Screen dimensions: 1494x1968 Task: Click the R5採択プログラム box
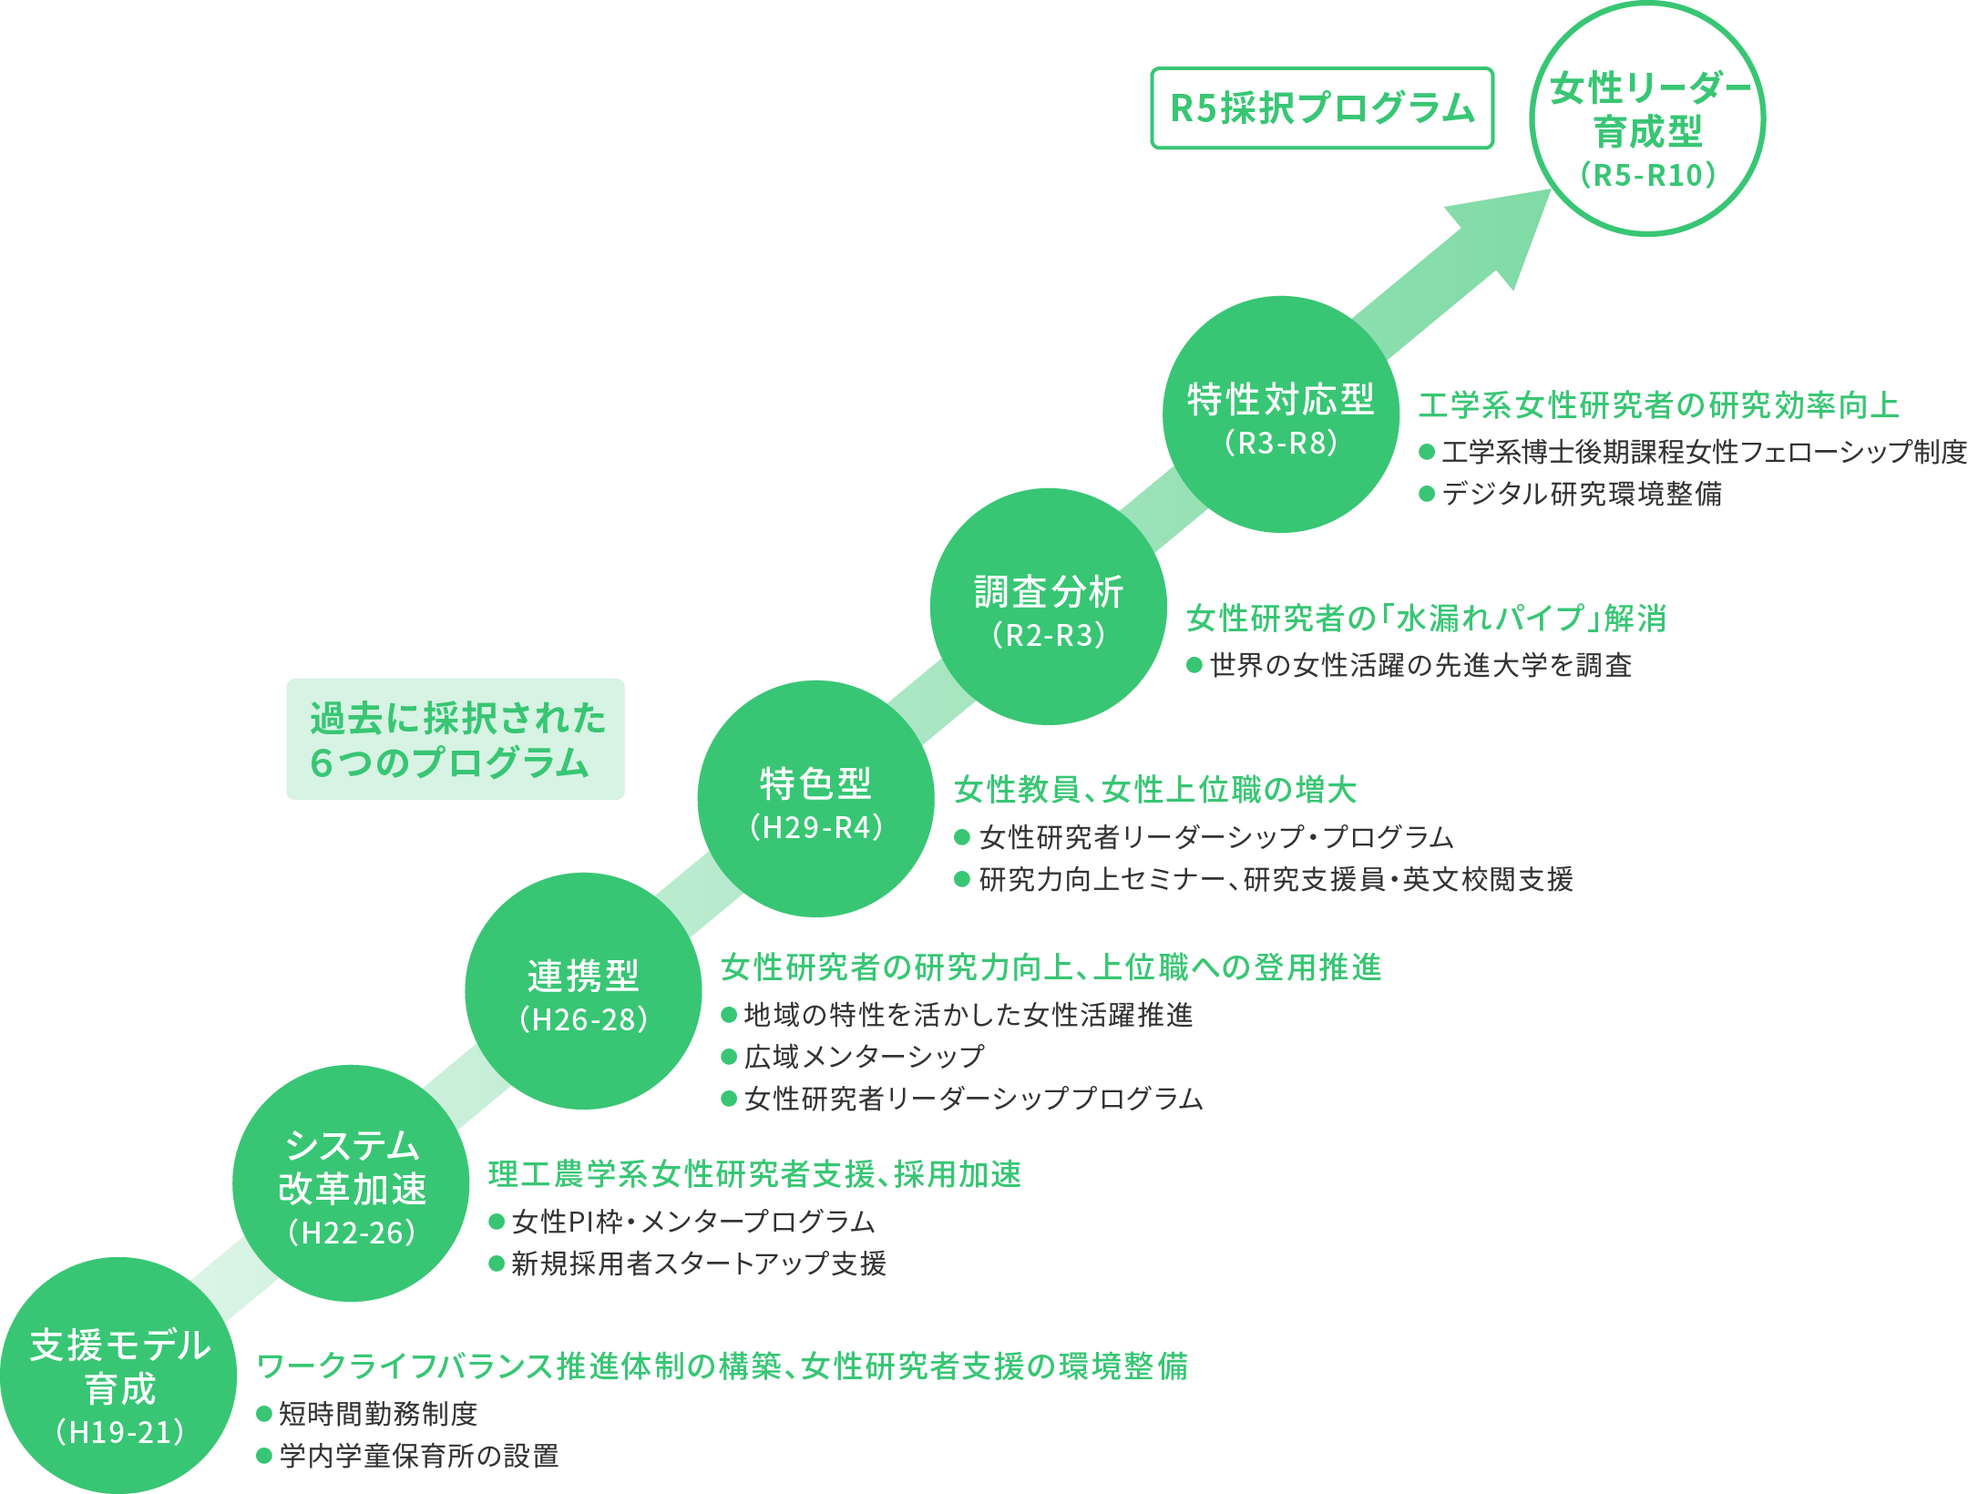pos(1321,108)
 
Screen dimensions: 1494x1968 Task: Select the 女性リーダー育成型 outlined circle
pos(1647,119)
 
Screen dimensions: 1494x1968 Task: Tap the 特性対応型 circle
pos(1280,415)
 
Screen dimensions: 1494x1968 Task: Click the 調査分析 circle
pos(1048,608)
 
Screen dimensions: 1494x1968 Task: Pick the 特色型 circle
pos(815,800)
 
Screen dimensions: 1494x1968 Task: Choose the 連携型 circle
pos(583,992)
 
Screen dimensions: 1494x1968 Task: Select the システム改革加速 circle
pos(351,1184)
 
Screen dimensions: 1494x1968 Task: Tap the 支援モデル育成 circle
pos(118,1376)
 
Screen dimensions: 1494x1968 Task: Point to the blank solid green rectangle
pos(456,739)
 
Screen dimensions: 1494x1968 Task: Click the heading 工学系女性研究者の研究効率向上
pos(1658,405)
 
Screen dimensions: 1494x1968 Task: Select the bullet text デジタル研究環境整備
pos(1582,494)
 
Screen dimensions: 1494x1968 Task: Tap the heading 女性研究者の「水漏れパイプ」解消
pos(1426,619)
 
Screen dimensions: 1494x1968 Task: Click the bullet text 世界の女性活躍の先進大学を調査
pos(1420,666)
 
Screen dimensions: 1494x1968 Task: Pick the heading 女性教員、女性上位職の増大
pos(1155,790)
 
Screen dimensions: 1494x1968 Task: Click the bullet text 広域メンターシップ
pos(864,1057)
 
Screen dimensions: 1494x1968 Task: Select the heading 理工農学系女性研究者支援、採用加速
pos(754,1175)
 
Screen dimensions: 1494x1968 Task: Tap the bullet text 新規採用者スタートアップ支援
pos(698,1264)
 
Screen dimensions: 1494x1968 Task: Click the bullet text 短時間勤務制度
pos(378,1414)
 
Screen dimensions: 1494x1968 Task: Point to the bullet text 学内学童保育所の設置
pos(419,1456)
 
